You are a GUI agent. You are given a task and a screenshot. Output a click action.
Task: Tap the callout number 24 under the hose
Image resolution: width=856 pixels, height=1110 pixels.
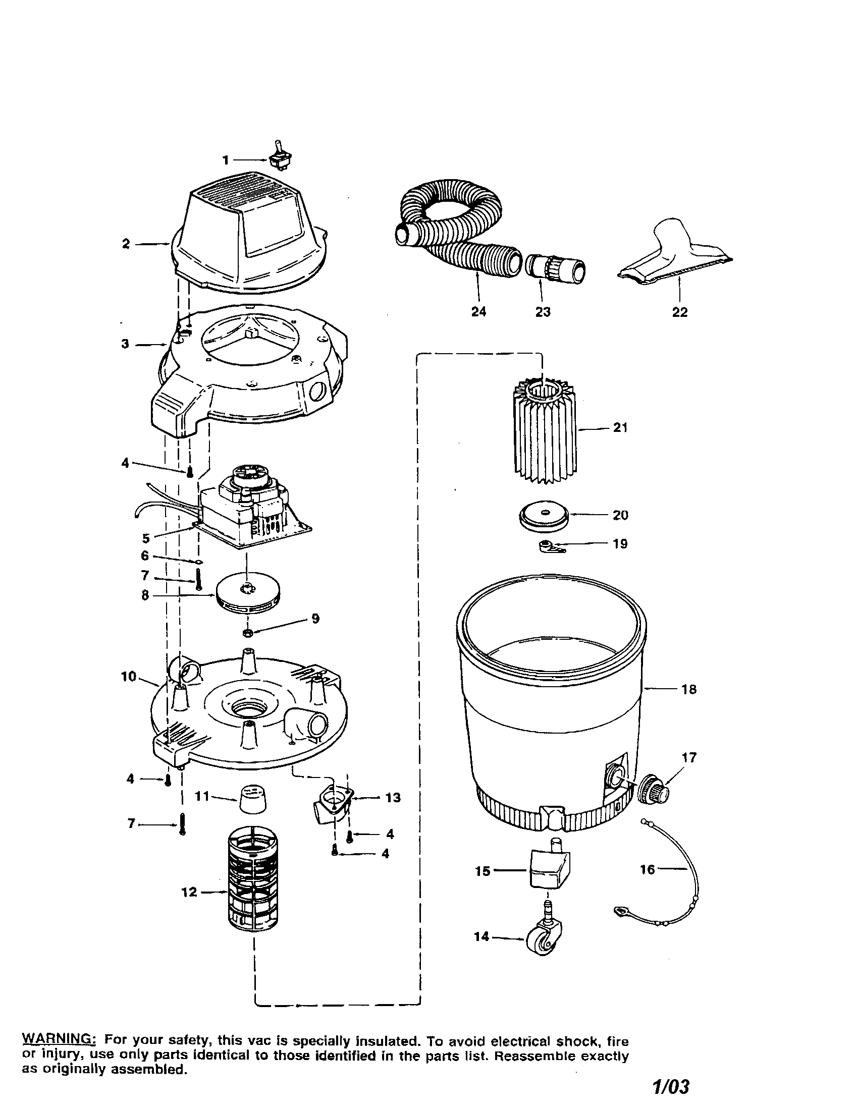coord(478,311)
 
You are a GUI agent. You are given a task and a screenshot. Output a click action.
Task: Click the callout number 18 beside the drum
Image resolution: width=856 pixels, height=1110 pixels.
coord(689,690)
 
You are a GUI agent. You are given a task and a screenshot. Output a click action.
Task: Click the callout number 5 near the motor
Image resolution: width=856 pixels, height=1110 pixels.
coord(146,538)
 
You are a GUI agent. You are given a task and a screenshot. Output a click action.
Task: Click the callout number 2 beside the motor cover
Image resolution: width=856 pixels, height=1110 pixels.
coord(126,244)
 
